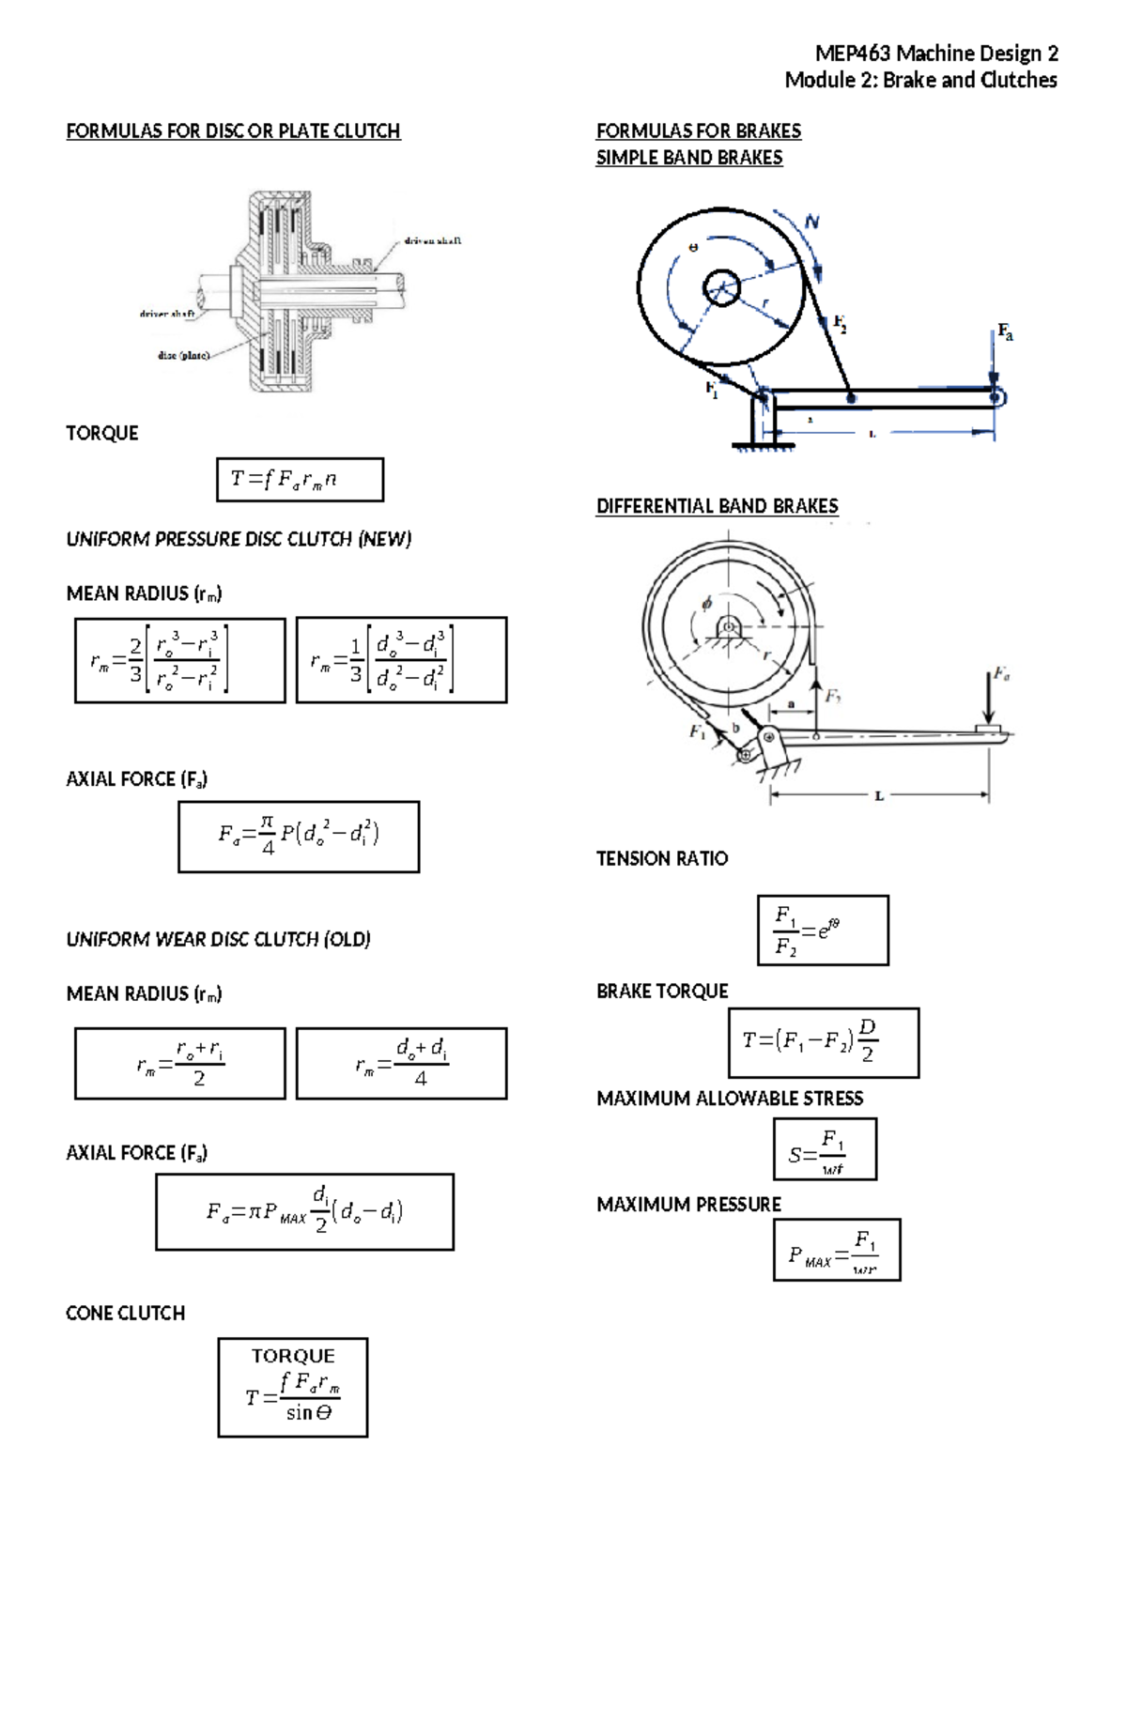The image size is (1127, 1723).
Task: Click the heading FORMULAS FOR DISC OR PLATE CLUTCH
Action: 233,131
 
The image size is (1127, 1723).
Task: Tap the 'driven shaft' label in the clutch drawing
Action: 432,241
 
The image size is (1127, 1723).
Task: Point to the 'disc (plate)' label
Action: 183,356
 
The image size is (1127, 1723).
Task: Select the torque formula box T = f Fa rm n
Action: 300,480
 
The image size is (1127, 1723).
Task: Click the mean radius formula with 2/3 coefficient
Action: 179,660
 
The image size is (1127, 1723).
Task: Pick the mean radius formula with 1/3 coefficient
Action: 401,660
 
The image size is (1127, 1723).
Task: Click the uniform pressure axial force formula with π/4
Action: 299,837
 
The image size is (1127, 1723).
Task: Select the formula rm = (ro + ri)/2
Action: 179,1063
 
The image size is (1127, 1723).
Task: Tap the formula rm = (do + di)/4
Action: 401,1063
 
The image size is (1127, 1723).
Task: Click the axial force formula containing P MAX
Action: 304,1211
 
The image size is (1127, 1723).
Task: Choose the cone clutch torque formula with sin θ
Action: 293,1388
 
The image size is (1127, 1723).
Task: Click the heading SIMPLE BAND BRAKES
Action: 689,158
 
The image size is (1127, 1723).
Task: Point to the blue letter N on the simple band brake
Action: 811,223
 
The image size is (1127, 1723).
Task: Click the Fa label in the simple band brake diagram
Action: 1005,331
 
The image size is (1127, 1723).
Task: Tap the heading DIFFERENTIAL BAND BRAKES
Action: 717,506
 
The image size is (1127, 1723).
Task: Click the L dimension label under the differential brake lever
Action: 879,796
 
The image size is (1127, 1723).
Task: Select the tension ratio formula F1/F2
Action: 823,930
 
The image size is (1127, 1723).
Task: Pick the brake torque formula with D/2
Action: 824,1042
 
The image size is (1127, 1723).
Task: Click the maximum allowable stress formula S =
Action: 825,1148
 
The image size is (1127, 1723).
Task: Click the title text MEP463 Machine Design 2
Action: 935,54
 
